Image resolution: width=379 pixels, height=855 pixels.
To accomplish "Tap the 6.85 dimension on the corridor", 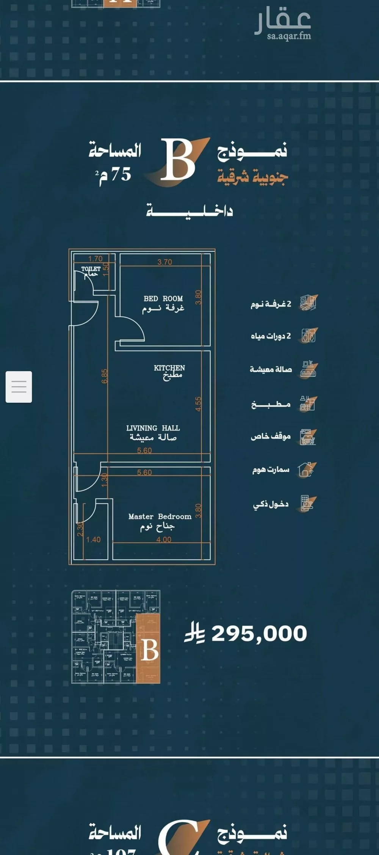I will pos(105,376).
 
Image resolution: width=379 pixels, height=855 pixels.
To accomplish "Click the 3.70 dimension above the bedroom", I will pos(165,262).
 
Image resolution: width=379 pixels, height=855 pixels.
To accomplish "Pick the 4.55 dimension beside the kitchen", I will pos(199,404).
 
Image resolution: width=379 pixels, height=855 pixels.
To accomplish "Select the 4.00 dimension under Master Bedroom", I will pos(164,540).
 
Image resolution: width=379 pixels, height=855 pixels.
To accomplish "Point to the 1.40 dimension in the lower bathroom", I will pos(93,540).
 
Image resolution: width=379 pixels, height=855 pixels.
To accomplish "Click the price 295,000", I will pos(259,634).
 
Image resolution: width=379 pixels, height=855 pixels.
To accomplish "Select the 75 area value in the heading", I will pos(121,174).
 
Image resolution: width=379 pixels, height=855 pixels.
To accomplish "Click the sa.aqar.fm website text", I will pos(289,36).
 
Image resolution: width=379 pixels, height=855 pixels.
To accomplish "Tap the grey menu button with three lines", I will pos(19,387).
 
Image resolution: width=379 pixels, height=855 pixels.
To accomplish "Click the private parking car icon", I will pos(307,437).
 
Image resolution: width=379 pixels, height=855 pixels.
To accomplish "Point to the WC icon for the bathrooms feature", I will pos(309,336).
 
